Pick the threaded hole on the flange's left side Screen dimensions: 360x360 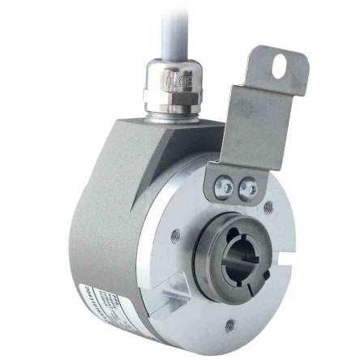pyautogui.click(x=176, y=236)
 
